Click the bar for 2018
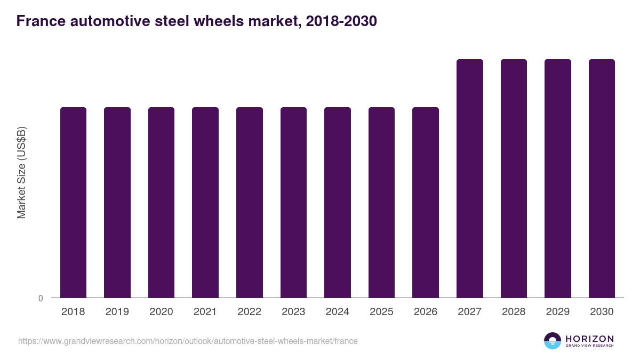[73, 202]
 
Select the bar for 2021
[205, 202]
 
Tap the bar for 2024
[338, 202]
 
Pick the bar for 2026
[426, 202]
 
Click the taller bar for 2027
[470, 178]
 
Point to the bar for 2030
[602, 178]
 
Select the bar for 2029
[558, 178]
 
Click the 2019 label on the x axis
[117, 312]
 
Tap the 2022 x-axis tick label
[249, 312]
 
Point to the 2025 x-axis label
[381, 312]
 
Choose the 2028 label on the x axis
[514, 312]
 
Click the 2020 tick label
[161, 312]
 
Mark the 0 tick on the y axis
[41, 298]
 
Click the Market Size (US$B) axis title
[21, 172]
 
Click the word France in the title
[38, 21]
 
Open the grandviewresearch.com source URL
[188, 341]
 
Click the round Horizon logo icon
[553, 341]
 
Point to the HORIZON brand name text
[589, 338]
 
